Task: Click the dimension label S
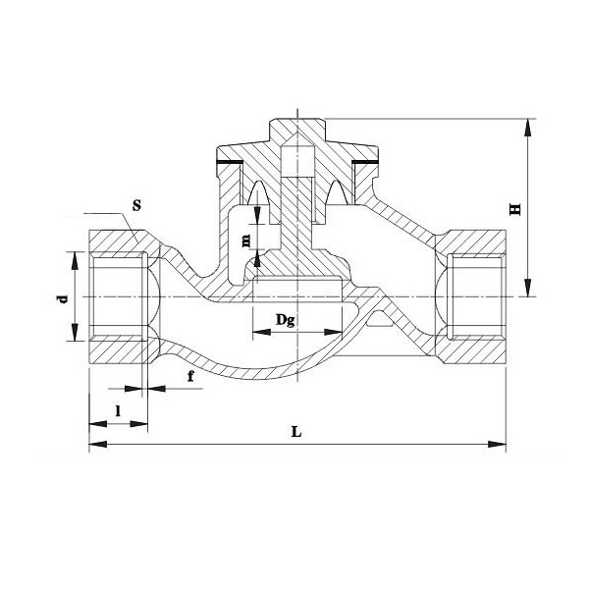pyautogui.click(x=136, y=208)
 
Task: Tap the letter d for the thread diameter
pyautogui.click(x=62, y=297)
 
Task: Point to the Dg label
pyautogui.click(x=285, y=320)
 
